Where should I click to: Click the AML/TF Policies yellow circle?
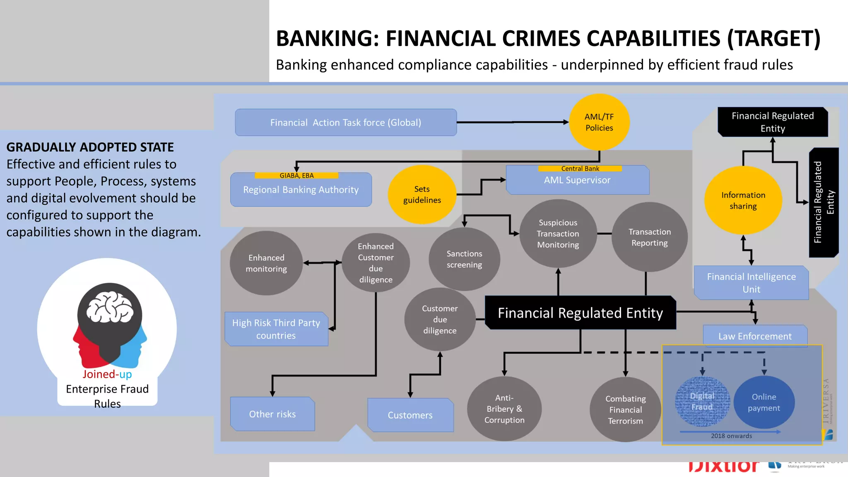[x=599, y=122]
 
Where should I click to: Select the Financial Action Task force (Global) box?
[x=346, y=123]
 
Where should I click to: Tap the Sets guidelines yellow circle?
[x=422, y=195]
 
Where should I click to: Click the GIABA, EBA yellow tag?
[x=296, y=176]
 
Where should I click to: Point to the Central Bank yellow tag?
[x=580, y=169]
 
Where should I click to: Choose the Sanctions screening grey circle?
[x=464, y=259]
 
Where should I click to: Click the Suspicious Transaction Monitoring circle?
[x=558, y=234]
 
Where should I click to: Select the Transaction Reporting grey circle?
[x=649, y=237]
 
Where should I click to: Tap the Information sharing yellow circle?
[x=743, y=200]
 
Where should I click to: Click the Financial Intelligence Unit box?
[x=751, y=283]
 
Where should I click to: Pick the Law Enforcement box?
[x=755, y=335]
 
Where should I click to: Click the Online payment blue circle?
[x=764, y=402]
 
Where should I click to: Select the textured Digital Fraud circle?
[x=702, y=402]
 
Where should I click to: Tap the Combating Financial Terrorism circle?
[x=625, y=410]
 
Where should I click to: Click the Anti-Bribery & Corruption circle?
[x=504, y=409]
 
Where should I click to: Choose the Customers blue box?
[x=410, y=415]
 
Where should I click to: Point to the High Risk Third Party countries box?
[x=276, y=329]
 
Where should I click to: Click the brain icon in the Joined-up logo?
[x=110, y=307]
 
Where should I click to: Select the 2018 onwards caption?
[x=731, y=436]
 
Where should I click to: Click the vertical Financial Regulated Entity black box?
[x=824, y=202]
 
